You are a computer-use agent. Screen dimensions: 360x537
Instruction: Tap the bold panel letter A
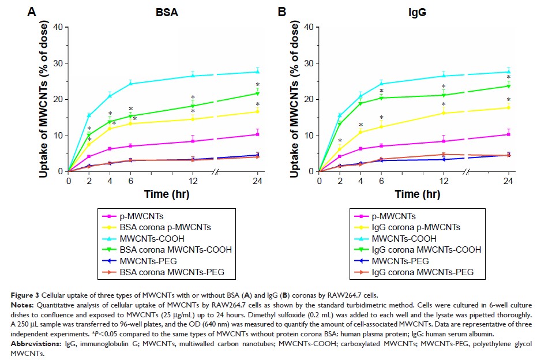point(32,10)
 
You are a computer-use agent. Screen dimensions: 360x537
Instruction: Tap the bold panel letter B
point(283,10)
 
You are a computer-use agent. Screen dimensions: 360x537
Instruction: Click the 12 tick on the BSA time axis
point(192,180)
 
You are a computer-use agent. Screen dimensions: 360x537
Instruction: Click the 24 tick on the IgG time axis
point(508,180)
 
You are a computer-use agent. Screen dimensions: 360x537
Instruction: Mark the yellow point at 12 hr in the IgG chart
point(444,112)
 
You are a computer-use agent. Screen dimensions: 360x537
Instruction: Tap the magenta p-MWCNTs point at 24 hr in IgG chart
point(508,134)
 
